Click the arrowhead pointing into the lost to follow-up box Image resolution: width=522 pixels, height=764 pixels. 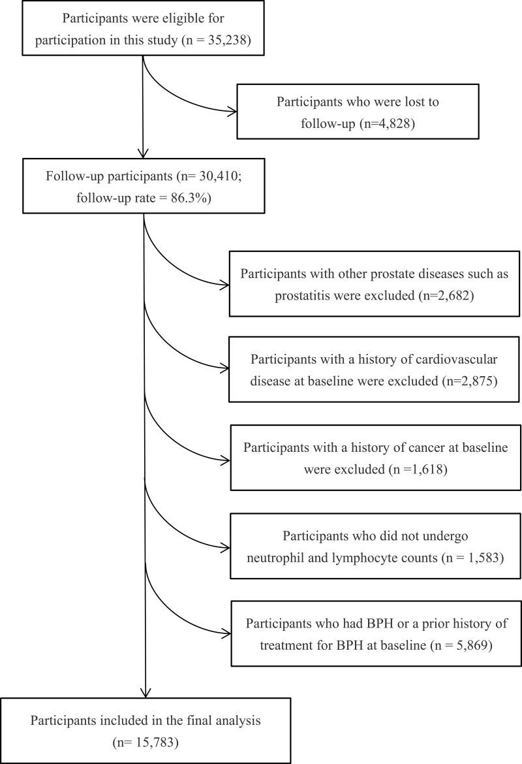232,112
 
